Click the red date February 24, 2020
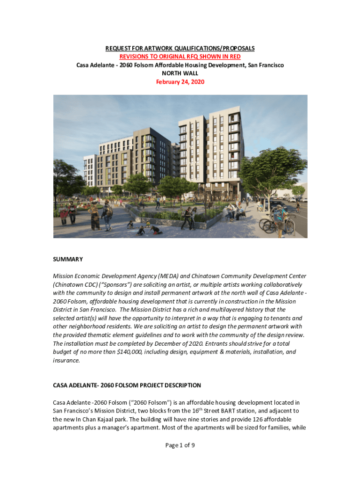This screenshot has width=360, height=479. (180, 81)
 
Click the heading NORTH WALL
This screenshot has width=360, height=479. (180, 73)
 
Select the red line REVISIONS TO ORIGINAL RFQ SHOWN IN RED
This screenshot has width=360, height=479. (180, 57)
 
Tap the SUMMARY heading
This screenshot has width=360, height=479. (68, 259)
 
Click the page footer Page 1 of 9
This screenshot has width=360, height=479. (180, 445)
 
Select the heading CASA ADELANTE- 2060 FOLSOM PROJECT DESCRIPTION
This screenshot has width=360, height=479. (127, 385)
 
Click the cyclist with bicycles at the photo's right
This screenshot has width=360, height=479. (279, 218)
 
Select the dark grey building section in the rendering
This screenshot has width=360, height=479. (150, 154)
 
